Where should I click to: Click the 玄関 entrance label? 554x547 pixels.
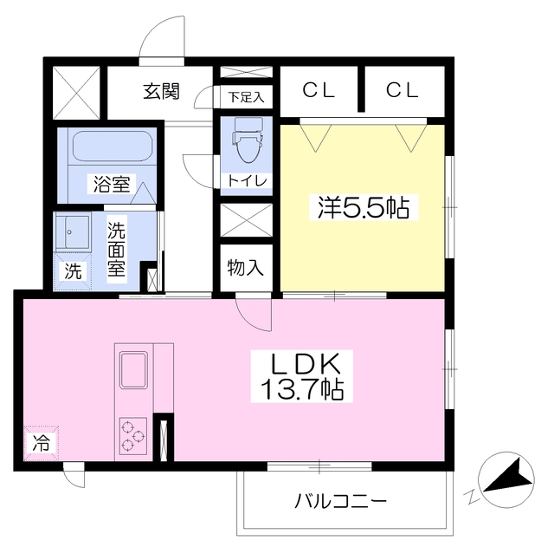click(161, 91)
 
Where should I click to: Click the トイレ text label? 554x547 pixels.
click(247, 180)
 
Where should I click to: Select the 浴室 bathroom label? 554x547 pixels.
click(112, 184)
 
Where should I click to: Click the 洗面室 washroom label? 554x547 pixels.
click(117, 249)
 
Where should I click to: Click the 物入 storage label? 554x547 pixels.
click(246, 268)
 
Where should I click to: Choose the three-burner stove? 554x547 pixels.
click(132, 436)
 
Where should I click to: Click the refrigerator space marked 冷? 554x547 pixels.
click(41, 443)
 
